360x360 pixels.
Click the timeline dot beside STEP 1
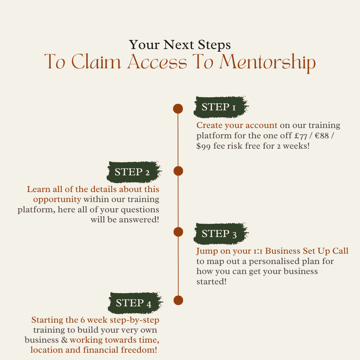coord(178,109)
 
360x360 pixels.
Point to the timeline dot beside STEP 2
coord(178,171)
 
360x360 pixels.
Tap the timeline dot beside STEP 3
coord(178,232)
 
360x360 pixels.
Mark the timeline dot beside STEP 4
coord(178,300)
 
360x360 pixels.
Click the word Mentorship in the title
coord(267,62)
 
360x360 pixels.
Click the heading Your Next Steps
coord(180,45)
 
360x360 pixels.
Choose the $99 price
coord(203,146)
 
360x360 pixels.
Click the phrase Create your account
coord(237,125)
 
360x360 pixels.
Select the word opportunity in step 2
coord(57,199)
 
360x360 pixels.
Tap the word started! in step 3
coord(211,281)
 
